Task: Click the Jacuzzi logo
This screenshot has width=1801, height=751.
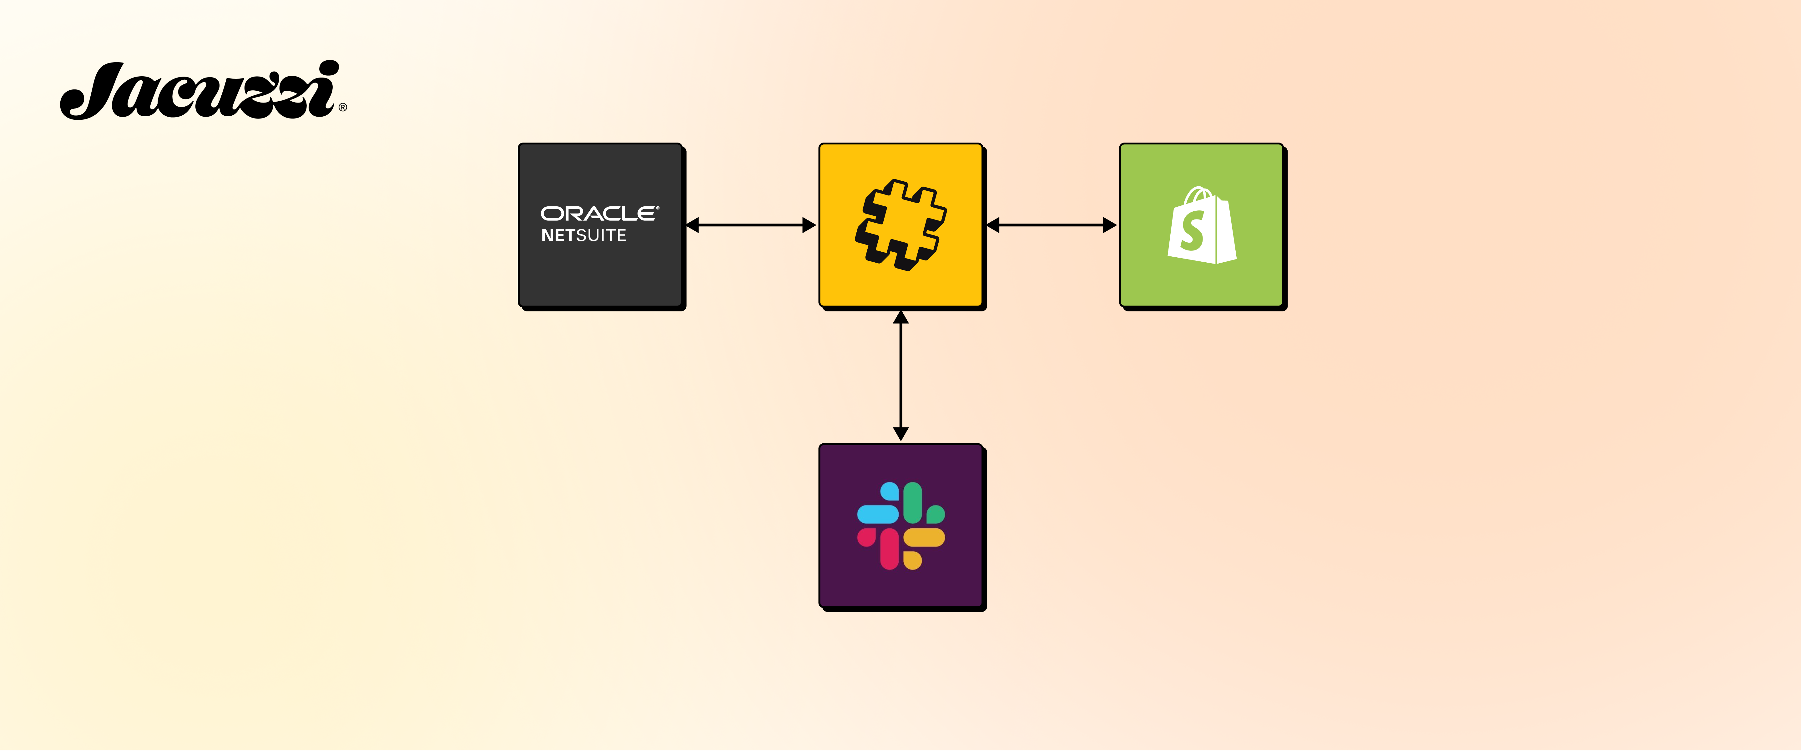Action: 199,91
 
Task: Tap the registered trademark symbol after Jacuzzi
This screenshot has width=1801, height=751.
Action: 343,108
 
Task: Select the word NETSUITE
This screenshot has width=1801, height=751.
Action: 584,236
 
